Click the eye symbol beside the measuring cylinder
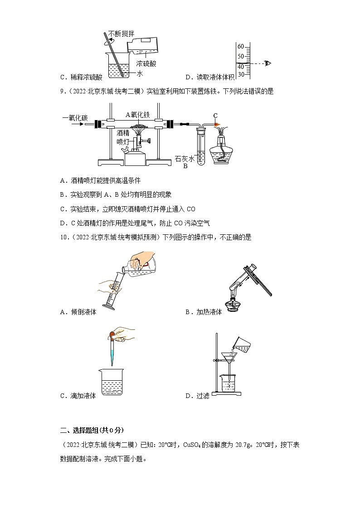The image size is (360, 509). (268, 63)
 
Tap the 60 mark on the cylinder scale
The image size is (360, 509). (241, 47)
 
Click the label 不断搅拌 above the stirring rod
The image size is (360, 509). (121, 34)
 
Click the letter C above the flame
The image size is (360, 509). (215, 115)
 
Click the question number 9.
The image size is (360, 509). (63, 91)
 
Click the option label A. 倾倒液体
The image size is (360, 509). (78, 312)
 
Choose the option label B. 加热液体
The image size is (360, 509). (204, 312)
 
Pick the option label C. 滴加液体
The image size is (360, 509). (78, 396)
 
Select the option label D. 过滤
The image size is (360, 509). (197, 396)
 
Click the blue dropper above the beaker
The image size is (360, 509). (112, 351)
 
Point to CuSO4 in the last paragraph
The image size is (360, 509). (195, 445)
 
